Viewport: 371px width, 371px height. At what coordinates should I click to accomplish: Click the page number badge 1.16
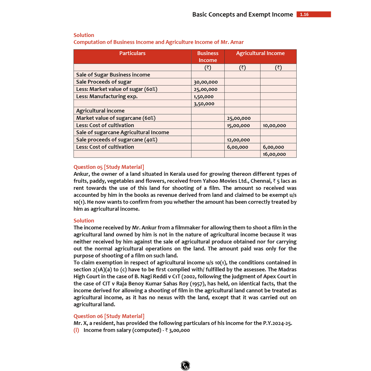[x=313, y=14]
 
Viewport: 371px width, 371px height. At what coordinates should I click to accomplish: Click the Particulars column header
[x=132, y=53]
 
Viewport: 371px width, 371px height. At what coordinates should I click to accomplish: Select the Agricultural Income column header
[x=260, y=53]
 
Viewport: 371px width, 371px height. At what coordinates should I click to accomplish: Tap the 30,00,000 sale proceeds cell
[x=206, y=82]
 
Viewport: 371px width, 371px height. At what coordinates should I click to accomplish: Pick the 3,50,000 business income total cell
[x=204, y=104]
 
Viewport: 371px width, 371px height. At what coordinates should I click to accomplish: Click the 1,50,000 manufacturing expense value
[x=204, y=96]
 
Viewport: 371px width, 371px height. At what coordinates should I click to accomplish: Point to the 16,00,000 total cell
[x=274, y=154]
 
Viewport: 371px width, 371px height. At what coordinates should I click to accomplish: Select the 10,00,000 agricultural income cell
[x=274, y=125]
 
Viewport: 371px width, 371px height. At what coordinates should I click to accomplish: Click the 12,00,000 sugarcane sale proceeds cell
[x=238, y=139]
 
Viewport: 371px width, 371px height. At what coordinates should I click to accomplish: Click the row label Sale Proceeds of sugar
[x=104, y=82]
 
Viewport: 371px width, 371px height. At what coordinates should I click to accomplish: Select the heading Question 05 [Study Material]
[x=109, y=167]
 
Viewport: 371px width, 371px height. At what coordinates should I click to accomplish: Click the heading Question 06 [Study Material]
[x=109, y=316]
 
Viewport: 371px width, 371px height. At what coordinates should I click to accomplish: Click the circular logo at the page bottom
[x=185, y=365]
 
